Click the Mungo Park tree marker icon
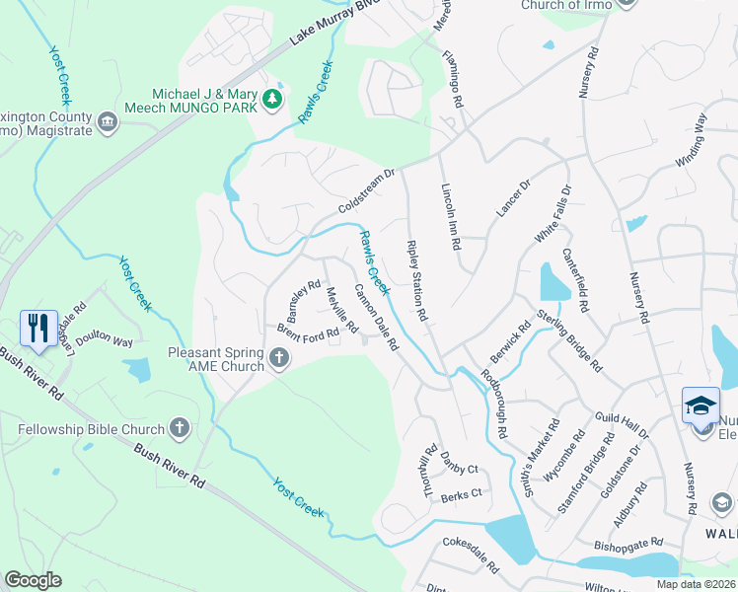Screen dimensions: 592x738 click(271, 99)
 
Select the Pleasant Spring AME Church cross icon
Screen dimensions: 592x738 click(279, 358)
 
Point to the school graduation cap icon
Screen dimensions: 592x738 click(701, 406)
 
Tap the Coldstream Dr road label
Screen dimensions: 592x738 click(366, 191)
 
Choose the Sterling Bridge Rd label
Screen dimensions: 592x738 click(569, 341)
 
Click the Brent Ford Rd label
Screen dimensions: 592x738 click(308, 333)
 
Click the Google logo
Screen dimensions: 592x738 click(33, 580)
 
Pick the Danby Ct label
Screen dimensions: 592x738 click(460, 469)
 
